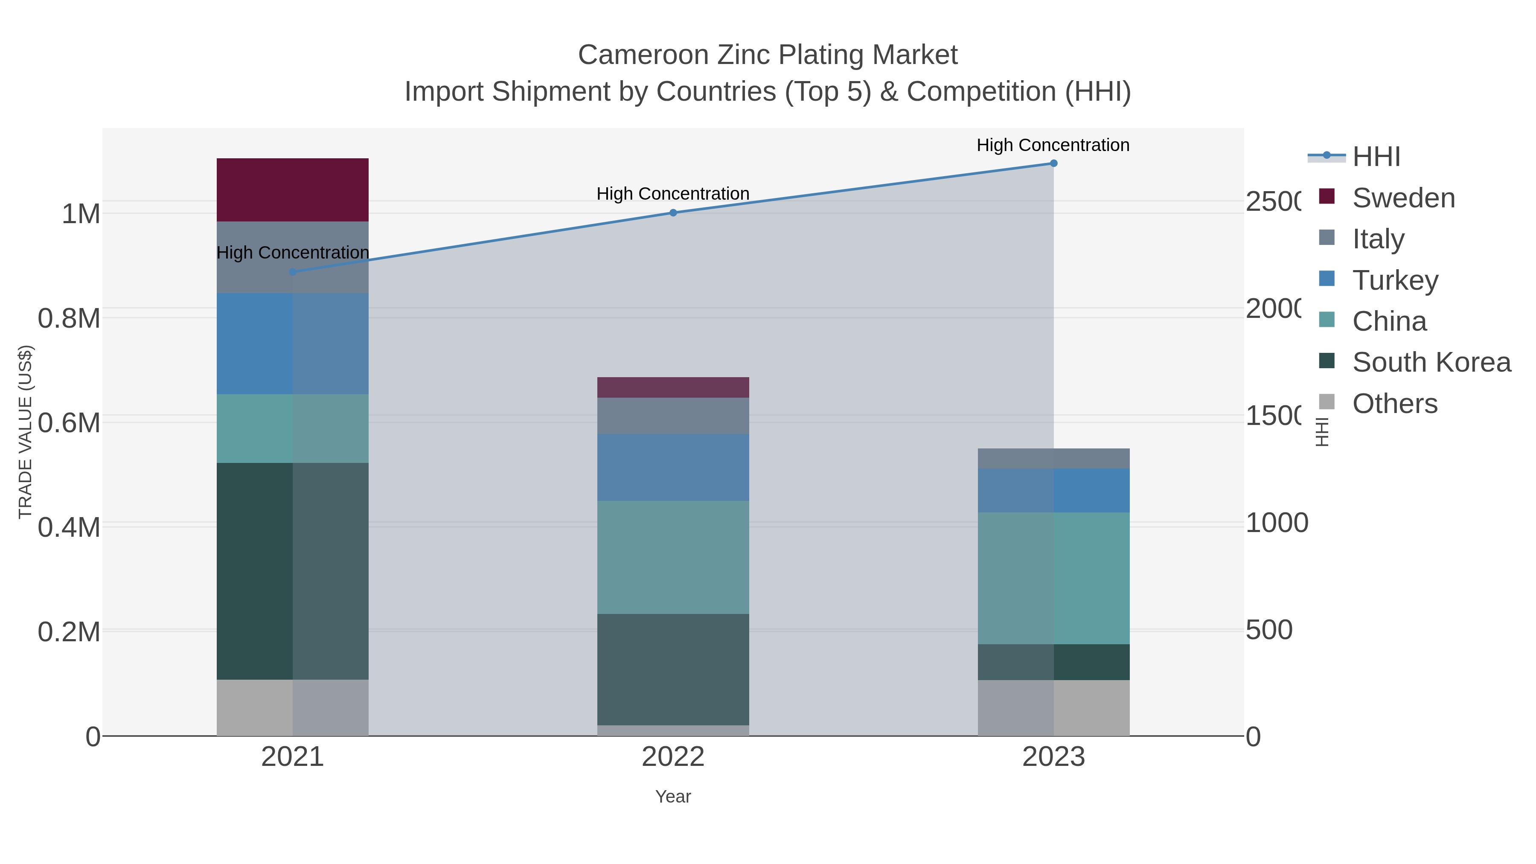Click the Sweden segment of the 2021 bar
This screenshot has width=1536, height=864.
(292, 189)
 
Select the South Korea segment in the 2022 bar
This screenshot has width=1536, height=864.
(672, 669)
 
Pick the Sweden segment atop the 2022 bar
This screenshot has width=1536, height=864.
(672, 387)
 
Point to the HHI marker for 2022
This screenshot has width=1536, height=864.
(672, 212)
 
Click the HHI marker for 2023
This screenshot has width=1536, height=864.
(1053, 163)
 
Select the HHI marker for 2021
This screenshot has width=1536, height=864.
(292, 272)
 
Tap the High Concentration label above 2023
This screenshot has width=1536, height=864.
(1053, 145)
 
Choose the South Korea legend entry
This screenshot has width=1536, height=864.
(1431, 362)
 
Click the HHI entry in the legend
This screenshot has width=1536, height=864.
(1376, 156)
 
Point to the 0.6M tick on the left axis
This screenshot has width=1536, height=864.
(69, 423)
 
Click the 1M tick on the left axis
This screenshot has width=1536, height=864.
(81, 213)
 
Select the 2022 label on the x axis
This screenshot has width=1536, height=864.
(672, 756)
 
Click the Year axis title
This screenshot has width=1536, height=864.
(672, 796)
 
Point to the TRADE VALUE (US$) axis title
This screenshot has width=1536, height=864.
(25, 432)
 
